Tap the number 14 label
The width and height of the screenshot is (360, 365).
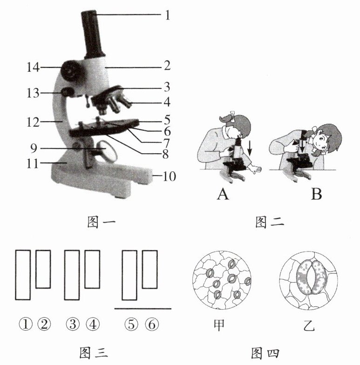pos(32,68)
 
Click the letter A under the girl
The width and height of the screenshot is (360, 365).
pos(223,194)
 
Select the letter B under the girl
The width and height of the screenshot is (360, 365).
pos(316,194)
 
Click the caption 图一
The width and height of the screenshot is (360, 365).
pos(101,223)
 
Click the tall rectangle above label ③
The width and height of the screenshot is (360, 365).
pos(72,275)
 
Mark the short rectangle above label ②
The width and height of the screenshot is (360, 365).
pos(43,269)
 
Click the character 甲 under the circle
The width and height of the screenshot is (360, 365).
pos(218,324)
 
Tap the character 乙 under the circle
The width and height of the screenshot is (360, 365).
pos(308,325)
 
